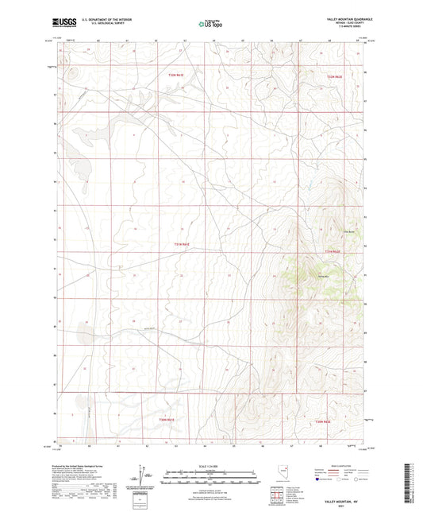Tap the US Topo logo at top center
pyautogui.click(x=211, y=24)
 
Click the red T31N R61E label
pyautogui.click(x=182, y=244)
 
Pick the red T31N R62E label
pyautogui.click(x=332, y=252)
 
